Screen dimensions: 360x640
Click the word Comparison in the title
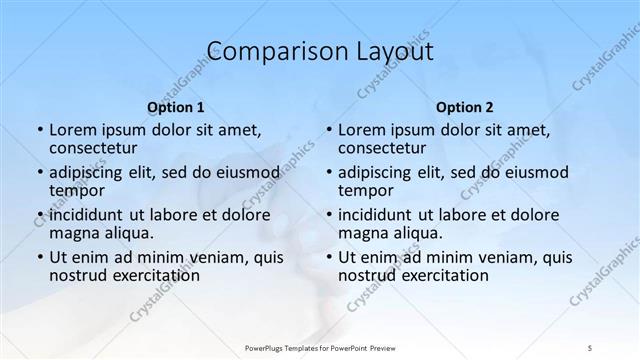(x=269, y=52)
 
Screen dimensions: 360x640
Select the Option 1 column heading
(x=176, y=106)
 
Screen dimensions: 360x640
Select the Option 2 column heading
(x=465, y=106)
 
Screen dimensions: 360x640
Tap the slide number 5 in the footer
(x=593, y=347)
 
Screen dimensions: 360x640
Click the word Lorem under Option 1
(x=71, y=129)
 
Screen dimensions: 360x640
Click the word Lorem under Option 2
(x=360, y=129)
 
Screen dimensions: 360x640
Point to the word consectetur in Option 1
(x=92, y=148)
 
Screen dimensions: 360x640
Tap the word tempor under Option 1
(x=77, y=190)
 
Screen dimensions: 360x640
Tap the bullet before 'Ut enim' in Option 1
(x=39, y=257)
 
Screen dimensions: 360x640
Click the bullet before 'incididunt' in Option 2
(x=328, y=215)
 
